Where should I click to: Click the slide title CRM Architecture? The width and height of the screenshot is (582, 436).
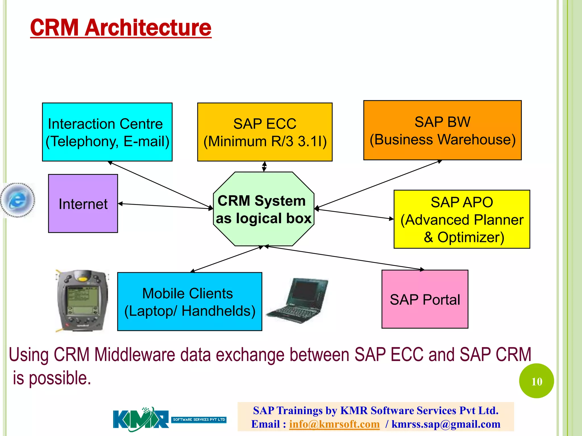tap(121, 28)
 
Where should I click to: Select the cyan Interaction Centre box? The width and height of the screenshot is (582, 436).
tap(107, 132)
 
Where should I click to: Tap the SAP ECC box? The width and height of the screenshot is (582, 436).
tap(265, 132)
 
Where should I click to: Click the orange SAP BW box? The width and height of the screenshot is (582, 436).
tap(442, 130)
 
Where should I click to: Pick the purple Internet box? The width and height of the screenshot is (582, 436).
tap(83, 204)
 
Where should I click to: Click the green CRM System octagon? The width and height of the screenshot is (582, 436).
tap(263, 209)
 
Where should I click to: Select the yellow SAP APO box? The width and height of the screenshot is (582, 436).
tap(462, 219)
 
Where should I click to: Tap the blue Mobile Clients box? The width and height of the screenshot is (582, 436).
tap(190, 301)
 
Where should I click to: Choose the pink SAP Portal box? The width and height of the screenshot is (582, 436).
tap(425, 299)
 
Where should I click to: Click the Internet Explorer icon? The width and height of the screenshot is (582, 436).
tap(18, 200)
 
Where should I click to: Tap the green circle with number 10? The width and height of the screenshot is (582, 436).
tap(536, 381)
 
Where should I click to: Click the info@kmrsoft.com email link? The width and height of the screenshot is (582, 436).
tap(334, 424)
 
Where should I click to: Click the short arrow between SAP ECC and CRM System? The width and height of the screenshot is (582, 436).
tap(264, 167)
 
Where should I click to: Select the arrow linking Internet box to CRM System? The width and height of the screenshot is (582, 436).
tap(165, 206)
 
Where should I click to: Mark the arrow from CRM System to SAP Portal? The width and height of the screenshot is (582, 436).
tap(344, 258)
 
